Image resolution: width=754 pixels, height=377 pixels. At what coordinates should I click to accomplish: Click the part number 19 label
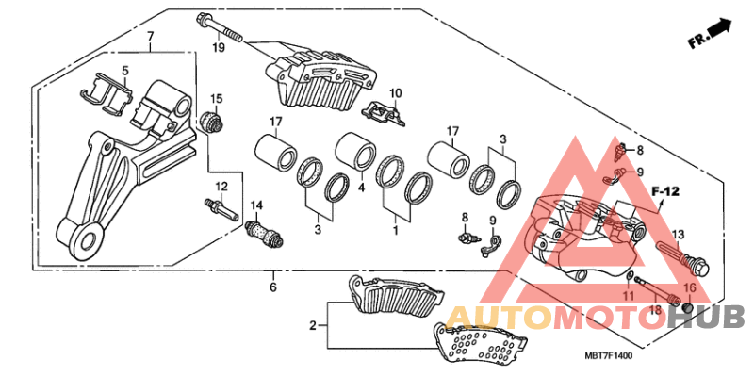pyautogui.click(x=217, y=48)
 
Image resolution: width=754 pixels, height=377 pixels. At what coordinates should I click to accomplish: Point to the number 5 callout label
pyautogui.click(x=123, y=70)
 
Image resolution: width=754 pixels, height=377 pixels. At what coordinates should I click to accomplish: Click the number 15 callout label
pyautogui.click(x=216, y=98)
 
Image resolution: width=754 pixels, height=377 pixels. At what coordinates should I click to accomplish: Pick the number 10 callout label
pyautogui.click(x=396, y=92)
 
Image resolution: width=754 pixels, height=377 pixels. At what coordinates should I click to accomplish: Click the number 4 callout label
pyautogui.click(x=361, y=187)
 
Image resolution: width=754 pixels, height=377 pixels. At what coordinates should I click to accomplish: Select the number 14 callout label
pyautogui.click(x=256, y=205)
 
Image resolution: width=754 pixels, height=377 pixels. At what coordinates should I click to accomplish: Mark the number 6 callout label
pyautogui.click(x=272, y=287)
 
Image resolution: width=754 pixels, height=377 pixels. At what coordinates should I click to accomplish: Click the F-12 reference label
pyautogui.click(x=666, y=192)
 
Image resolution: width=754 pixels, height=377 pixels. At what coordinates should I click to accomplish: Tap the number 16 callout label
pyautogui.click(x=689, y=288)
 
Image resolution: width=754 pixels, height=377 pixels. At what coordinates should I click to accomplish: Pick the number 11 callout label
pyautogui.click(x=625, y=297)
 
